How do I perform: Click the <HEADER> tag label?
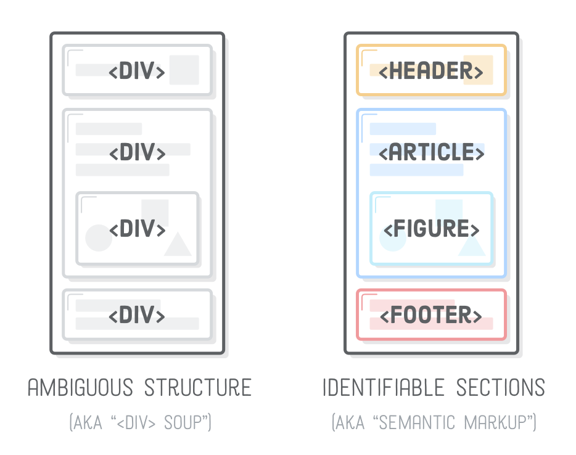pyautogui.click(x=430, y=71)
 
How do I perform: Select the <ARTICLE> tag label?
pyautogui.click(x=431, y=152)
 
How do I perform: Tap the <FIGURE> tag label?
pyautogui.click(x=431, y=229)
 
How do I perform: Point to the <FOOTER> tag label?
pyautogui.click(x=430, y=315)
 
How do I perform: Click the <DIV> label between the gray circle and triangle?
pyautogui.click(x=137, y=229)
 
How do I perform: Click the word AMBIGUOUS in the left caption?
pyautogui.click(x=80, y=387)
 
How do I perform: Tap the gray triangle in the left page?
pyautogui.click(x=178, y=246)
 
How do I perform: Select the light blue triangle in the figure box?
pyautogui.click(x=472, y=246)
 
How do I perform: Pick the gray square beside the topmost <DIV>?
pyautogui.click(x=184, y=70)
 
